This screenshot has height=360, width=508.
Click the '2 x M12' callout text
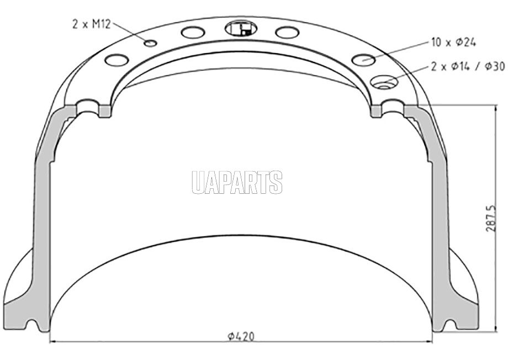point(91,24)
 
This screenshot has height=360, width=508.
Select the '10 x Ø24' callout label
point(453,42)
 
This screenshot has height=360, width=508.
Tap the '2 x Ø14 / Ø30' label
point(468,66)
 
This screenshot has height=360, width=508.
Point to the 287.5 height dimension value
point(491,218)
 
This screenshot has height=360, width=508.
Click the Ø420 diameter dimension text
point(241,336)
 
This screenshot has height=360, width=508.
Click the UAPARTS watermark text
point(237,182)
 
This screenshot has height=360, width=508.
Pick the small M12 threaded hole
point(151,43)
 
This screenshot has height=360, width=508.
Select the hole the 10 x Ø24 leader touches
point(363,59)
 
